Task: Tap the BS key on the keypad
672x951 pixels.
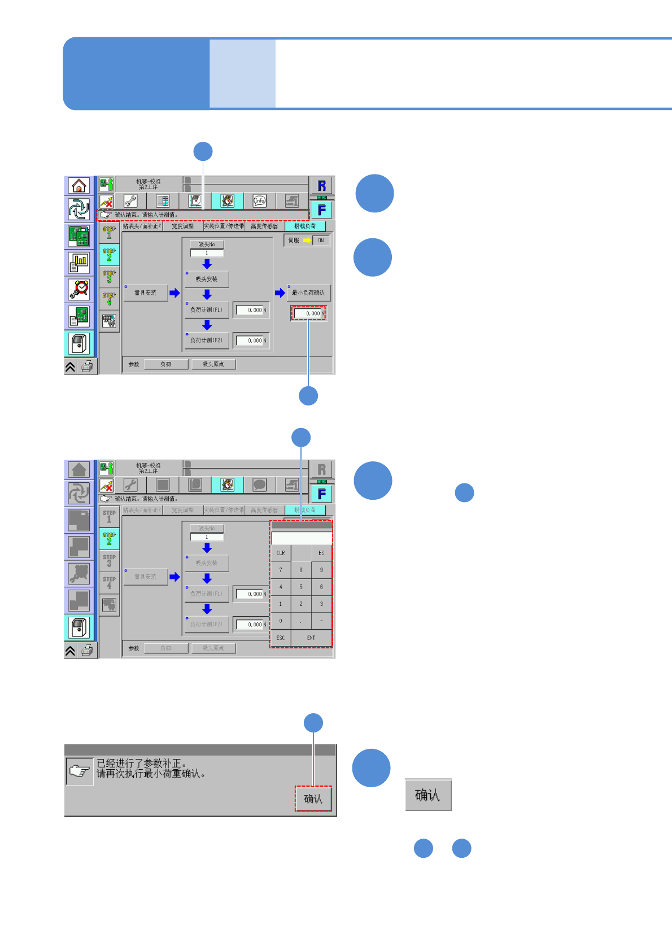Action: tap(321, 553)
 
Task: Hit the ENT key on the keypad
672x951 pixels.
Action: tap(311, 638)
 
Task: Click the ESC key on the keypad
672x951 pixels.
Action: tap(281, 638)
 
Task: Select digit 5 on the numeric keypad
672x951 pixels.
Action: tap(301, 587)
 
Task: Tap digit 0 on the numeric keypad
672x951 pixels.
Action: tap(281, 621)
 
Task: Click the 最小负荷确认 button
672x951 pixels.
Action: tap(308, 293)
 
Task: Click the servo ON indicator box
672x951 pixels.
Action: tap(321, 241)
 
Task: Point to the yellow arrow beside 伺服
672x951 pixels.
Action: tap(307, 241)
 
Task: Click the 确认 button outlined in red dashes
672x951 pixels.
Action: tap(313, 799)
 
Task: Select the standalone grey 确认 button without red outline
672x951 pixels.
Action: tap(428, 795)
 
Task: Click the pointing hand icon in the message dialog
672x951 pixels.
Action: tap(80, 771)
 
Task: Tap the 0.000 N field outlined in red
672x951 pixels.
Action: tap(308, 313)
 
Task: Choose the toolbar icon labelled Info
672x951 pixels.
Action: tap(259, 200)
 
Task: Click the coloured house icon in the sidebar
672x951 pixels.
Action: tap(79, 186)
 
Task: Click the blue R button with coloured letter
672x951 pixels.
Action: tap(321, 186)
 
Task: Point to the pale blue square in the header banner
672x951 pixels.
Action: tap(243, 73)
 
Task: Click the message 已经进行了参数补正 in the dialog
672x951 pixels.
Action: tap(142, 764)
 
